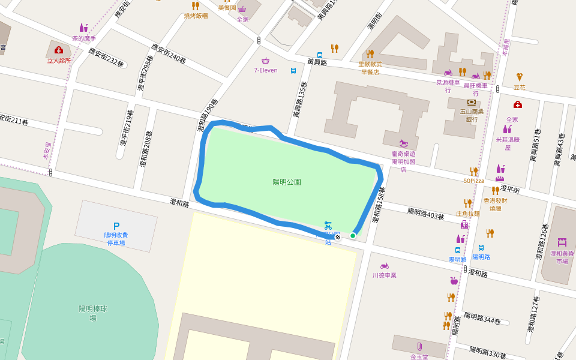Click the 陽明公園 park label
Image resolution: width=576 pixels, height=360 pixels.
(x=286, y=182)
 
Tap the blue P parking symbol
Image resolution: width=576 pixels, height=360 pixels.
(x=116, y=226)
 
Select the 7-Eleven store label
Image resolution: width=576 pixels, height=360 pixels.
(x=265, y=70)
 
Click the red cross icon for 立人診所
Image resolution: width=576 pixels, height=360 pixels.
(x=59, y=50)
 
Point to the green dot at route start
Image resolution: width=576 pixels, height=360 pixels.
(x=353, y=236)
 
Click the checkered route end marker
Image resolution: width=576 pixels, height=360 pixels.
(x=338, y=237)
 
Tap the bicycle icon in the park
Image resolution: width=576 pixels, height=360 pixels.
(x=328, y=226)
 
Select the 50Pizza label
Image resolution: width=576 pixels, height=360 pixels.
(x=473, y=181)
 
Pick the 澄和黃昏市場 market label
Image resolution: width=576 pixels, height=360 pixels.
(x=562, y=257)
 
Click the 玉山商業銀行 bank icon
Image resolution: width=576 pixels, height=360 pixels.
(x=471, y=102)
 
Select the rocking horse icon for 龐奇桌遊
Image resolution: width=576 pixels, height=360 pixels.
(x=407, y=143)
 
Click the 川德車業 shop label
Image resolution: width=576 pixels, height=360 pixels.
(x=384, y=275)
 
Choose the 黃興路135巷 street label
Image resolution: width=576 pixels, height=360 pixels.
(x=299, y=99)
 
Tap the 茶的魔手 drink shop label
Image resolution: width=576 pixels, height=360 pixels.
(x=84, y=38)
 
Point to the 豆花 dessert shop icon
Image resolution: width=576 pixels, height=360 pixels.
(x=520, y=77)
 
